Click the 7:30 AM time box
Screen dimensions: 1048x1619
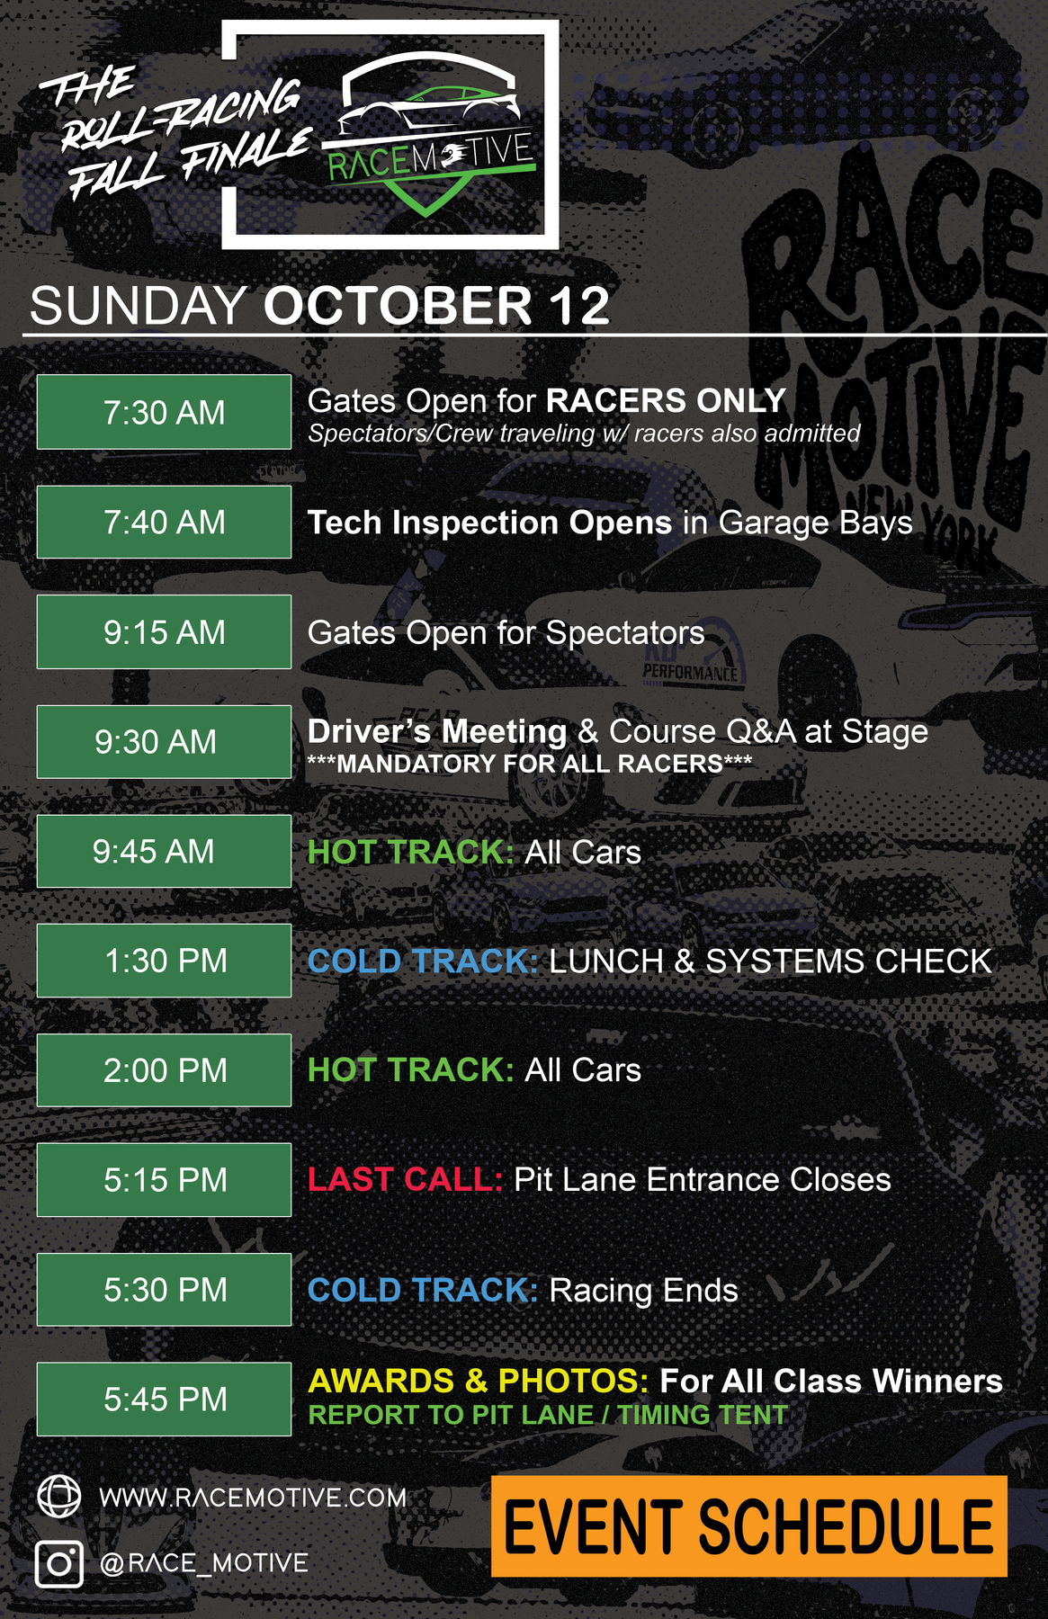point(164,412)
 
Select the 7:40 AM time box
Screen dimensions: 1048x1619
point(164,522)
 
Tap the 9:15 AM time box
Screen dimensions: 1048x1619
point(164,631)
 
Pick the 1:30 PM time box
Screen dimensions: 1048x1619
point(164,961)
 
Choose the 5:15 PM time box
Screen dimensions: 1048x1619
point(164,1180)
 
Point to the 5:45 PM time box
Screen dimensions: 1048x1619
point(164,1400)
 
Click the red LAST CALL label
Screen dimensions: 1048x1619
point(405,1179)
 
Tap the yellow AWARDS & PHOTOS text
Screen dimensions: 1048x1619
point(478,1381)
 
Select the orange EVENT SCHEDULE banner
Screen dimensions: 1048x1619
point(748,1526)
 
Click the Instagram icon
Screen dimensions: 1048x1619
point(59,1563)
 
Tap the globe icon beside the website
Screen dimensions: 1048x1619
point(59,1497)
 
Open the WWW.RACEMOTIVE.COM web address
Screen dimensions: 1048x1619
point(253,1498)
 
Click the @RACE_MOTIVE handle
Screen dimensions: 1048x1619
point(204,1563)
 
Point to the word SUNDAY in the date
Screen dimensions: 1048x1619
point(139,306)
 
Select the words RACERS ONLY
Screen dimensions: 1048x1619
point(666,400)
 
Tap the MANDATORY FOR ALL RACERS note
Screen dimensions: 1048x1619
point(530,765)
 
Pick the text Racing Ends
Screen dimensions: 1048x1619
point(643,1291)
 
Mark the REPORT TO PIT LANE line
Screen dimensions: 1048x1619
point(548,1415)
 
